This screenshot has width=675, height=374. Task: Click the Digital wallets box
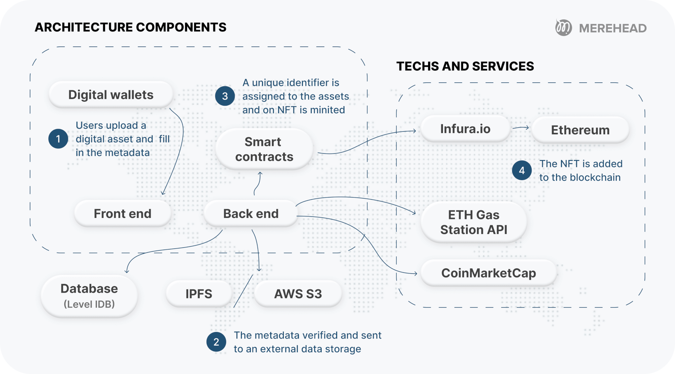pyautogui.click(x=111, y=95)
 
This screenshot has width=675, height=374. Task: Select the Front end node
pyautogui.click(x=123, y=214)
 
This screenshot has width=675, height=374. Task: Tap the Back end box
pyautogui.click(x=251, y=214)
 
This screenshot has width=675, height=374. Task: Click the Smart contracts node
pyautogui.click(x=264, y=149)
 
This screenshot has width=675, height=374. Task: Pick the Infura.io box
pyautogui.click(x=465, y=129)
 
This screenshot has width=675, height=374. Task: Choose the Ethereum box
pyautogui.click(x=580, y=130)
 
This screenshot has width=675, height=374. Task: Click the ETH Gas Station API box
pyautogui.click(x=474, y=222)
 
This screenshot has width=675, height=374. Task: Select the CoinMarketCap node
pyautogui.click(x=488, y=273)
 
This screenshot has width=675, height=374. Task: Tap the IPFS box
pyautogui.click(x=199, y=294)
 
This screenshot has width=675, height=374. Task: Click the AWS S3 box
pyautogui.click(x=298, y=294)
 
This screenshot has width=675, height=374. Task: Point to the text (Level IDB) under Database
pyautogui.click(x=89, y=304)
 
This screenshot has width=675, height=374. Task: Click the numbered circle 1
pyautogui.click(x=58, y=139)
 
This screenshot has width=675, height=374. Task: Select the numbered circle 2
pyautogui.click(x=216, y=342)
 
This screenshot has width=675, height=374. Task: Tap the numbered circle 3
pyautogui.click(x=225, y=96)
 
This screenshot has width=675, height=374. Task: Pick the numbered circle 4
pyautogui.click(x=522, y=171)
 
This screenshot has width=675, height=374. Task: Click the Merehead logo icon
pyautogui.click(x=563, y=28)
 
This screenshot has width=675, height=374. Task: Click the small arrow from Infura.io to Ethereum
pyautogui.click(x=521, y=128)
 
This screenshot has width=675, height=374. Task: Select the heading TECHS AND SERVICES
pyautogui.click(x=465, y=66)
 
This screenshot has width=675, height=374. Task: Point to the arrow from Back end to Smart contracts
pyautogui.click(x=258, y=184)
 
